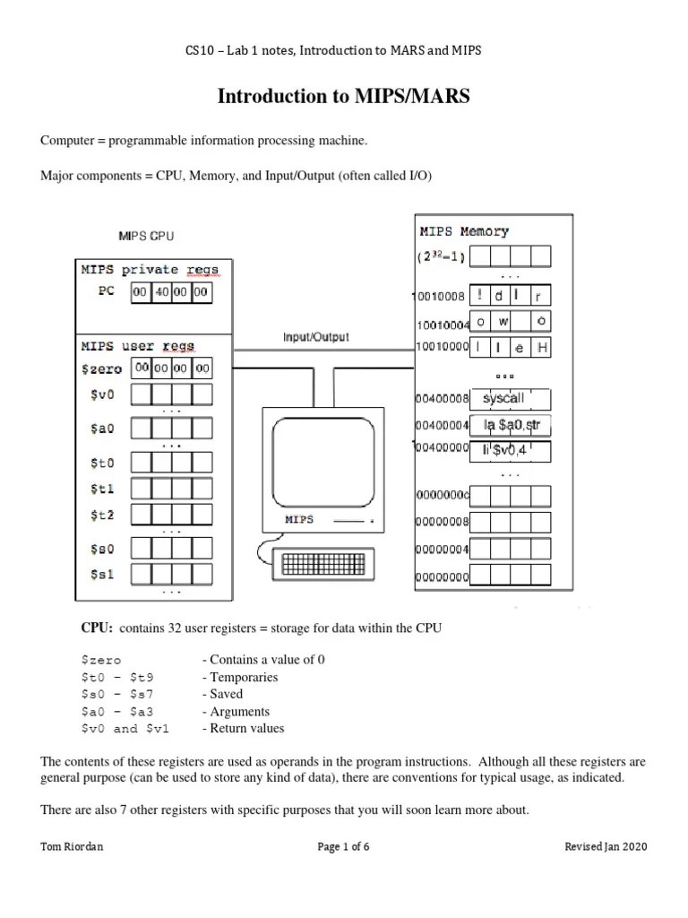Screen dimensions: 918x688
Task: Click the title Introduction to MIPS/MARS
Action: tap(343, 97)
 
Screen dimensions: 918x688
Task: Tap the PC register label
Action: tap(105, 292)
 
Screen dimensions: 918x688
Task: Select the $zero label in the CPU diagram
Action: tap(100, 368)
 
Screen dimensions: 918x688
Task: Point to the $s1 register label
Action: tap(101, 575)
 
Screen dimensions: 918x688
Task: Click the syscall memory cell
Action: tap(509, 397)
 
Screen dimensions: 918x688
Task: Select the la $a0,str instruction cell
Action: tap(509, 425)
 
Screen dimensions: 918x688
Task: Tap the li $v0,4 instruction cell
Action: tap(509, 450)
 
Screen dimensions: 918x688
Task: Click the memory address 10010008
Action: tap(441, 295)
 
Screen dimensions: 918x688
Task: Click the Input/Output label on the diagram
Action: tap(316, 338)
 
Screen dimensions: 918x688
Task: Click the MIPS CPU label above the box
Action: tap(146, 237)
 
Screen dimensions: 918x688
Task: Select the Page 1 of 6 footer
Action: tap(343, 847)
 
